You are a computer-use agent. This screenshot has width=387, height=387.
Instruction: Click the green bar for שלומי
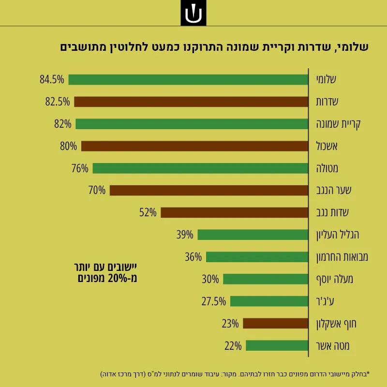pos(188,79)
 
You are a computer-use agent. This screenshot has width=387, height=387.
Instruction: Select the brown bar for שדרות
pos(191,102)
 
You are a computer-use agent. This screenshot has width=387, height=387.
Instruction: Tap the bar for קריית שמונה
pos(192,124)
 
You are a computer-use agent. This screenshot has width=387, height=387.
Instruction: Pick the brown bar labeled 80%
pos(195,146)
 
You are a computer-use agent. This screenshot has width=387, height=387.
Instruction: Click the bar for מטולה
pos(200,168)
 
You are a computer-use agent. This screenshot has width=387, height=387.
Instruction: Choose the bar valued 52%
pos(235,212)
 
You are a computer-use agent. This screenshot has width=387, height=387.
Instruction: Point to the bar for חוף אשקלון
pos(275,323)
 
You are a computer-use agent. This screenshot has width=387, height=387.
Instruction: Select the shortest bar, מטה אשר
pos(277,345)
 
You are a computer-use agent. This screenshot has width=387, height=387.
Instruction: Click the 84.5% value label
pos(52,79)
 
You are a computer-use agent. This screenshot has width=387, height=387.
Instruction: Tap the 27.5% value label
pos(213,301)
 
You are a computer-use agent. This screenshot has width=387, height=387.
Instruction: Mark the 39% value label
pos(185,235)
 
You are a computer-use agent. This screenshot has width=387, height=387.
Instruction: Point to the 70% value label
pos(97,190)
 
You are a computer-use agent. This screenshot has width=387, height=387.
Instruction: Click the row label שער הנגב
pos(334,190)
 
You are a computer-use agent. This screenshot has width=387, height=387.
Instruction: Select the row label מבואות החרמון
pos(342,257)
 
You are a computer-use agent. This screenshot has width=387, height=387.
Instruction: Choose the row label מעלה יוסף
pos(335,280)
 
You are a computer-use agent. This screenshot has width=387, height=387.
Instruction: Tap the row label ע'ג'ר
pos(325,301)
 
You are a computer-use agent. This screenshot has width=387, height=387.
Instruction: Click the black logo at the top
pos(193,13)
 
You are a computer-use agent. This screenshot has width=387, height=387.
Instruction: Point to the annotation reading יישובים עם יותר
pos(105,267)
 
